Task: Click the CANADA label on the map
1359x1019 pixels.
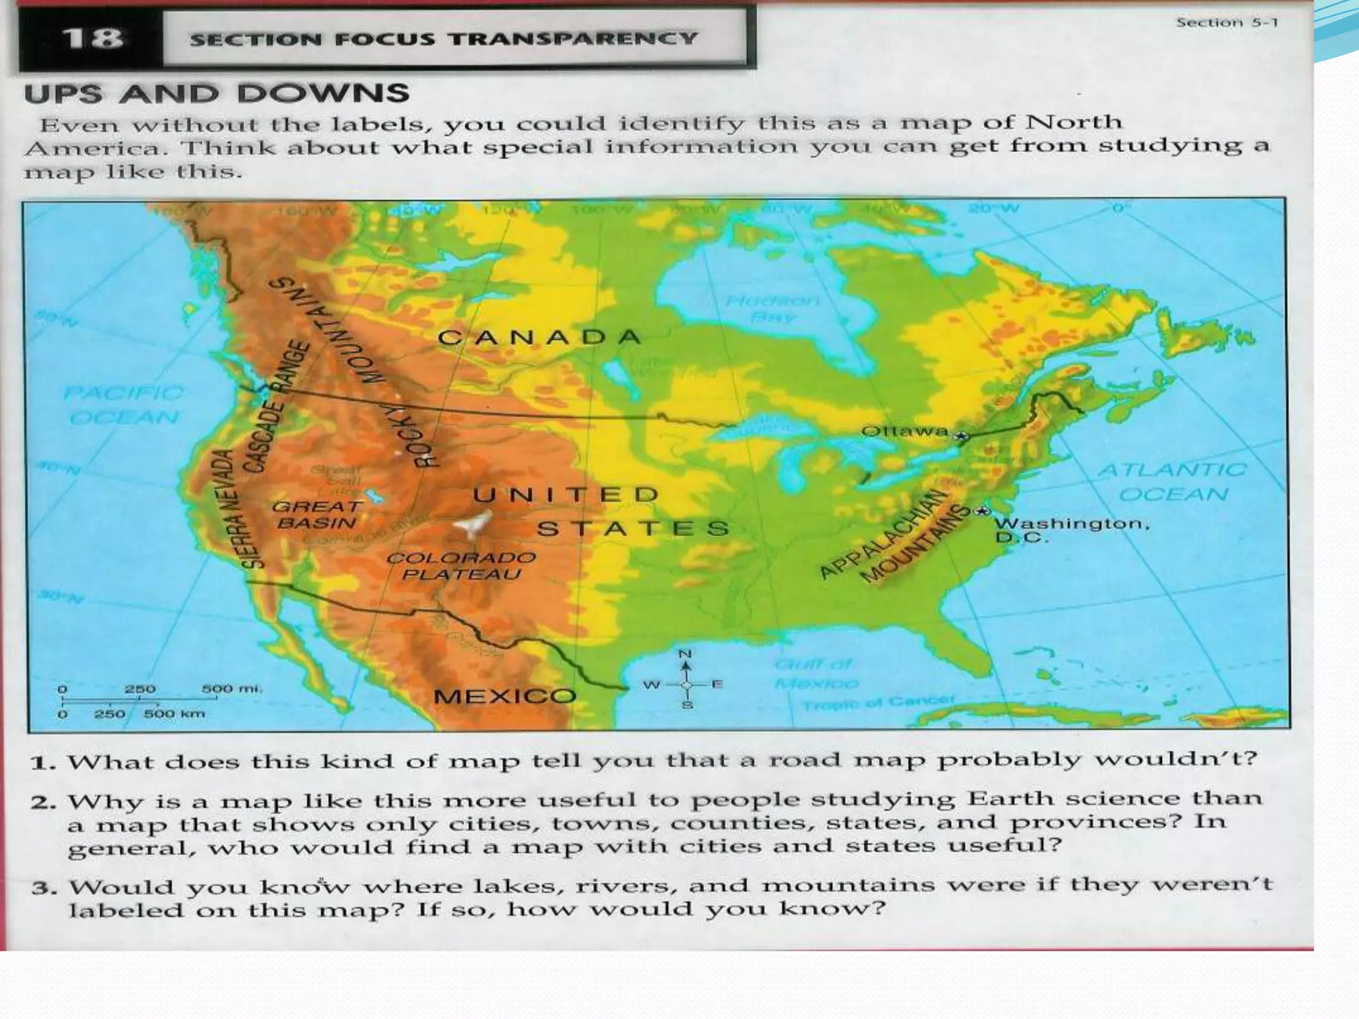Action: click(x=539, y=338)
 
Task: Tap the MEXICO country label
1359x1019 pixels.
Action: click(x=504, y=696)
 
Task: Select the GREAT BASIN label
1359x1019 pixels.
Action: click(x=317, y=515)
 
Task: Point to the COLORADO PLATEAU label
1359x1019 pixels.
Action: click(x=461, y=566)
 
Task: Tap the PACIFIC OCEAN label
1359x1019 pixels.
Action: click(x=123, y=405)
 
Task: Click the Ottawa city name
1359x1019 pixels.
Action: click(x=904, y=431)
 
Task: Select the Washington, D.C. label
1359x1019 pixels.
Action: click(x=1070, y=529)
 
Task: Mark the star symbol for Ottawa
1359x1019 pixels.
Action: click(x=962, y=436)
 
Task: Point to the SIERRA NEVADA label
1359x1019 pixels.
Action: click(x=239, y=508)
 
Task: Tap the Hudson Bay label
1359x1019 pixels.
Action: click(x=772, y=309)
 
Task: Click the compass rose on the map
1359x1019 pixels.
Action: click(x=685, y=683)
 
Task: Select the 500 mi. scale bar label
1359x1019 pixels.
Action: click(x=232, y=689)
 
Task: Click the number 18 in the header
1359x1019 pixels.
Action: click(x=93, y=38)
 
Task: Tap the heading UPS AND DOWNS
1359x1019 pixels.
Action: click(x=216, y=94)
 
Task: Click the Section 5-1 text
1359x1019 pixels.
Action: click(x=1226, y=23)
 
